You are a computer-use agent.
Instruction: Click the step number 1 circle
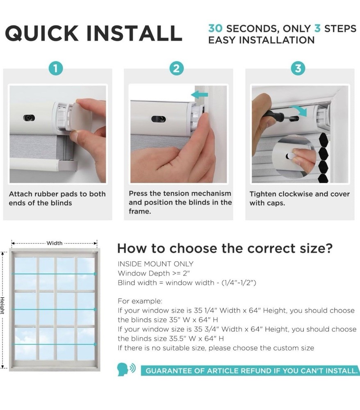(x=56, y=68)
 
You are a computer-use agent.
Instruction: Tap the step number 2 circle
(x=176, y=68)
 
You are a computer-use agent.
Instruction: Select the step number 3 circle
(x=298, y=68)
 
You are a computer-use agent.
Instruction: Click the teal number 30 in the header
(x=215, y=28)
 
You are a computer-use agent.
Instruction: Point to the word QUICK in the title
(x=41, y=34)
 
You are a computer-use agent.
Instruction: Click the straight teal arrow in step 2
(x=200, y=94)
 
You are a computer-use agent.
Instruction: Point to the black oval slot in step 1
(x=29, y=118)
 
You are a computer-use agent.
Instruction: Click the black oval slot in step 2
(x=158, y=119)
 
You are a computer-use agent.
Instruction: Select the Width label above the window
(x=55, y=243)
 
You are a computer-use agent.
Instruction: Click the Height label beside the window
(x=2, y=305)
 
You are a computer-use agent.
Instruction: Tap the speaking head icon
(x=126, y=369)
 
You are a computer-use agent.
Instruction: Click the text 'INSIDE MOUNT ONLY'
(x=155, y=264)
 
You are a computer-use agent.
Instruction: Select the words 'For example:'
(x=140, y=301)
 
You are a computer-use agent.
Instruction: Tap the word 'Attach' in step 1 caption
(x=21, y=194)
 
